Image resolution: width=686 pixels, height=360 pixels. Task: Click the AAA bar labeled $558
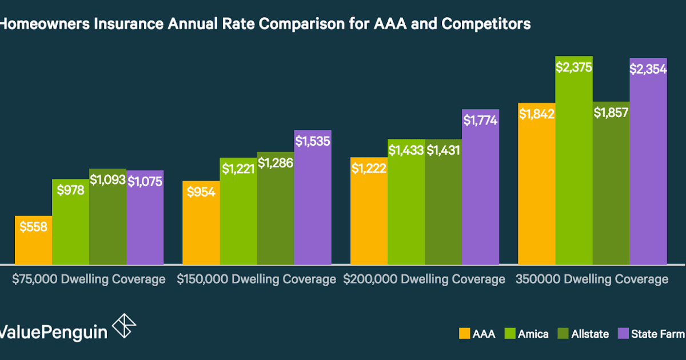tap(33, 240)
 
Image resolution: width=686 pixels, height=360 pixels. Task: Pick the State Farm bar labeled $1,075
tap(145, 217)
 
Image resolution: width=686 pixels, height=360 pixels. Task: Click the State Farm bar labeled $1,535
tap(313, 197)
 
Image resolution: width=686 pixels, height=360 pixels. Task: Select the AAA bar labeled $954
tap(201, 223)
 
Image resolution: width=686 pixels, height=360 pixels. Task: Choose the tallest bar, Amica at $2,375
tap(574, 160)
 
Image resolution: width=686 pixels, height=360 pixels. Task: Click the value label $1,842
tap(536, 114)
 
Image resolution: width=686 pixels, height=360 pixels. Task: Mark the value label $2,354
tap(648, 69)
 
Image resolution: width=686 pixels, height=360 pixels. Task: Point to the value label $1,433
tap(406, 151)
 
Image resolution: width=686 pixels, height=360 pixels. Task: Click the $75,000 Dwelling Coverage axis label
tap(89, 279)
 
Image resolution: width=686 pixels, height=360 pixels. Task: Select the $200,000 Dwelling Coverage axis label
tap(424, 279)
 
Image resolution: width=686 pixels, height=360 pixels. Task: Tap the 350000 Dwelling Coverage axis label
tap(592, 279)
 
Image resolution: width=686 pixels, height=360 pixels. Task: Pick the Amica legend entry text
tap(533, 334)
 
